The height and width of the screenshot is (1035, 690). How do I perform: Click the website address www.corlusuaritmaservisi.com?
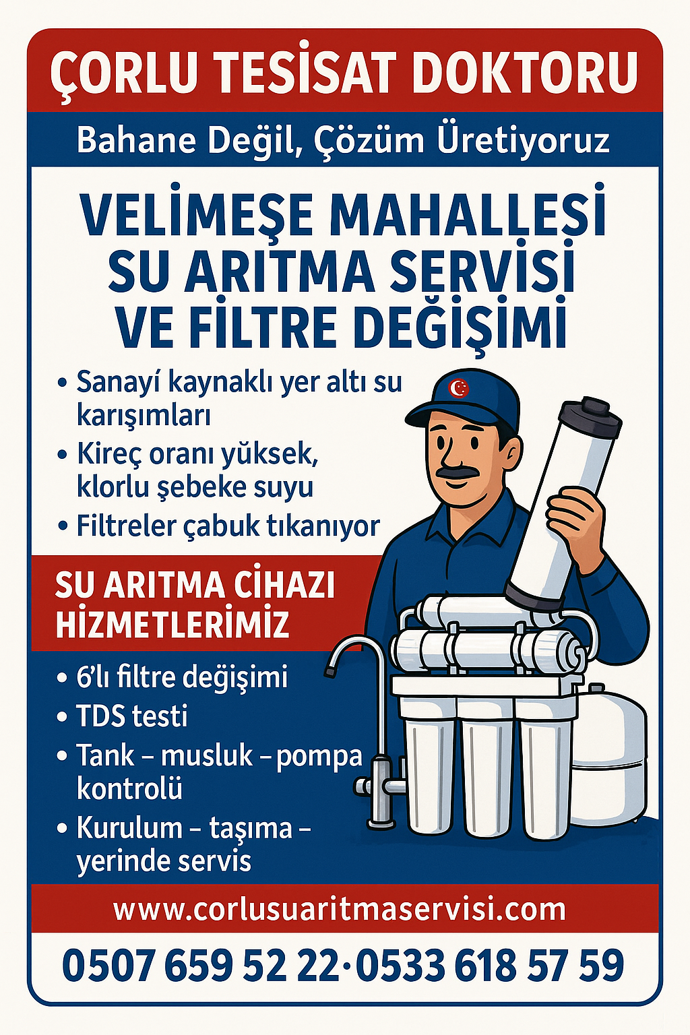(340, 910)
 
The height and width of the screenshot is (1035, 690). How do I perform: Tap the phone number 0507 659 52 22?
(200, 966)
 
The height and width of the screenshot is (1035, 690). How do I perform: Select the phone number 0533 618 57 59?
(490, 966)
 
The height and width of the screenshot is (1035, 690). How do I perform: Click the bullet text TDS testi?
(132, 716)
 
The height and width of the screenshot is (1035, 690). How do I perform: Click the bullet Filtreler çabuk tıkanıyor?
(228, 526)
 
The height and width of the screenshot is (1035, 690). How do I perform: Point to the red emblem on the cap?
(459, 388)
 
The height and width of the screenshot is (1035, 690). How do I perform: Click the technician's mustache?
(460, 472)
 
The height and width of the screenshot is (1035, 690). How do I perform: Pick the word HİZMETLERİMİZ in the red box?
(172, 624)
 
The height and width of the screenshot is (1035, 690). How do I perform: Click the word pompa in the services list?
(319, 756)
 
